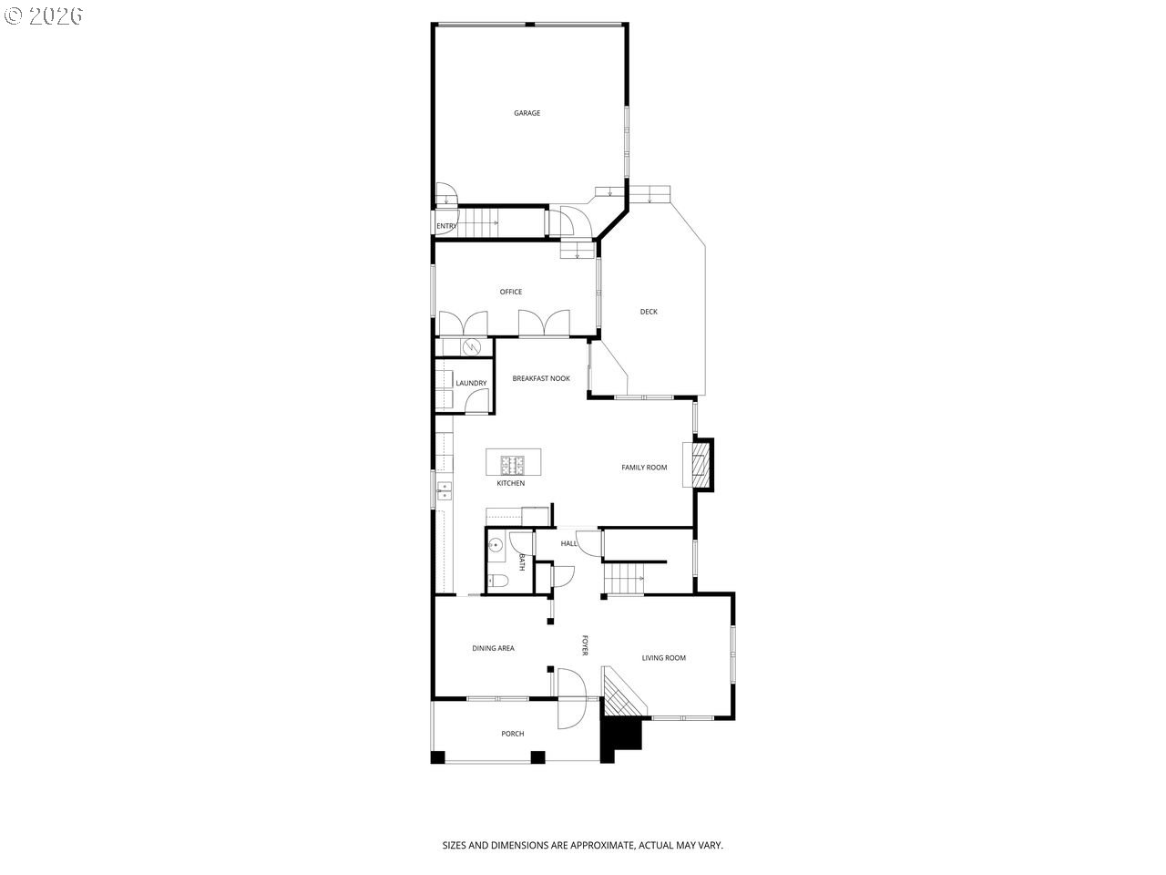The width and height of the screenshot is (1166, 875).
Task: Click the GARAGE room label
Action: (527, 113)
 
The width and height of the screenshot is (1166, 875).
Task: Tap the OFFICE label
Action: (510, 292)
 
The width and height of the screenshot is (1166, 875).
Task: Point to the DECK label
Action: (648, 312)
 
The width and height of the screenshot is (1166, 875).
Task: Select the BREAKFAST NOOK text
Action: (541, 379)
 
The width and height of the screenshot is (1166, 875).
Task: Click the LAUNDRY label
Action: (471, 383)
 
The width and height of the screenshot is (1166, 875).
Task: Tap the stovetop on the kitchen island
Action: (513, 465)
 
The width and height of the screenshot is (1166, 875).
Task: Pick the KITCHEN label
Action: (510, 483)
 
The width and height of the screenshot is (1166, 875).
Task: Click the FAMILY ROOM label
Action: (644, 468)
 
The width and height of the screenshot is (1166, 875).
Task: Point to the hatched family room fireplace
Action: (701, 465)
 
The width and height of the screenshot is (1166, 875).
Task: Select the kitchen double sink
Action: (445, 491)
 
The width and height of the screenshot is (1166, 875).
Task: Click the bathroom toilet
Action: (497, 581)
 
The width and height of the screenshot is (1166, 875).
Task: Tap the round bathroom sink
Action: (495, 545)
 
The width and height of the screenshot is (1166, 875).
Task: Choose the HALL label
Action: (568, 543)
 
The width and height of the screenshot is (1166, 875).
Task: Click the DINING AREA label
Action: (493, 648)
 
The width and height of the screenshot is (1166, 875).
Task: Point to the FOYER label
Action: (585, 645)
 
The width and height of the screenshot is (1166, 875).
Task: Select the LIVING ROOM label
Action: (663, 658)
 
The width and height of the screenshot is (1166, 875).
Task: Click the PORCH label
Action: (513, 734)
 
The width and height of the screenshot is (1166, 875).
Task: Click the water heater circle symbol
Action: (472, 347)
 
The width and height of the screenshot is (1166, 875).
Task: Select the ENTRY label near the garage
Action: (446, 226)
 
